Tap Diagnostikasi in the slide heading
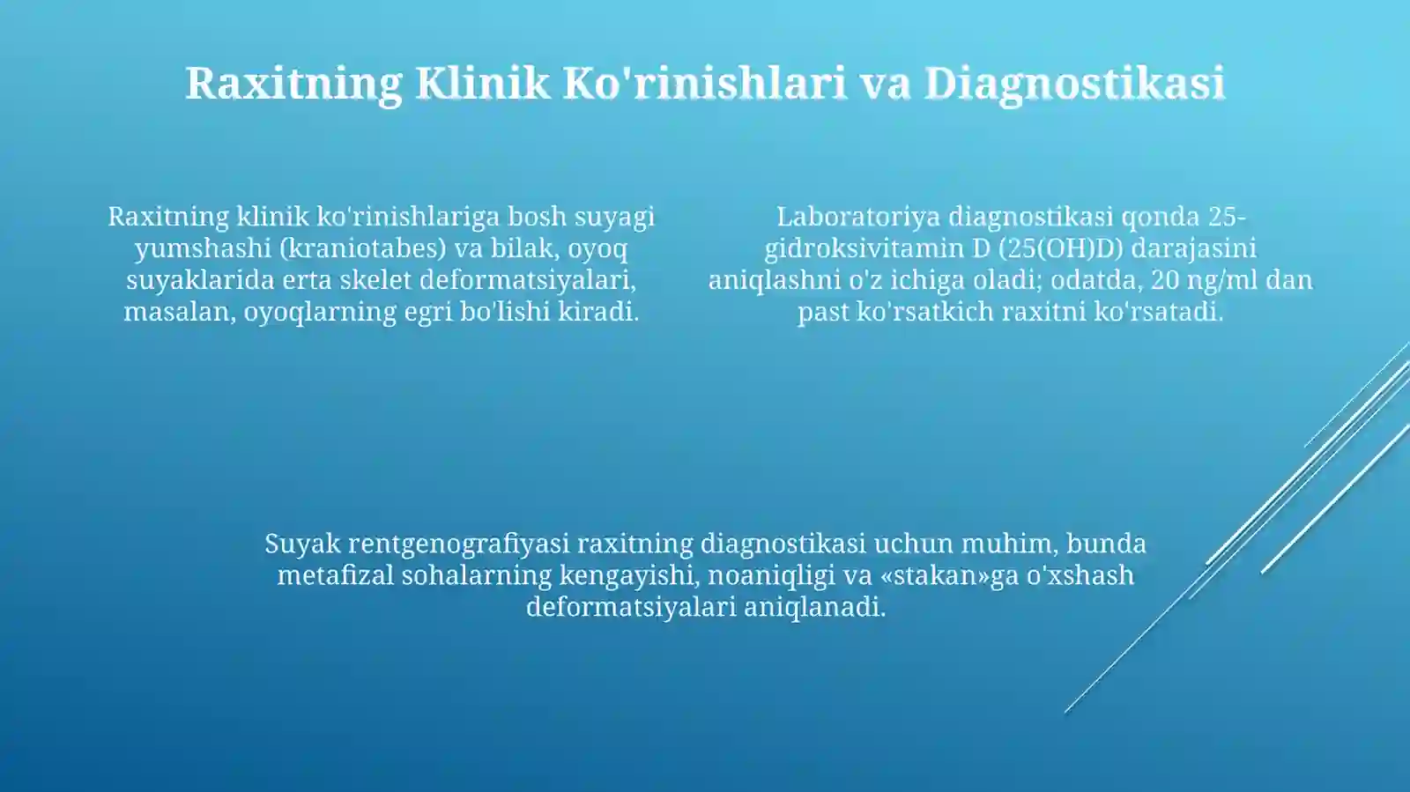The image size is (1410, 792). click(1074, 83)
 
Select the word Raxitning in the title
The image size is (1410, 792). click(293, 83)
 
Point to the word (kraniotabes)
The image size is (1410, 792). click(362, 248)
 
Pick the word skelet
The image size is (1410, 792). click(376, 280)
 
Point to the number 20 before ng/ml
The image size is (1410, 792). click(1165, 280)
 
